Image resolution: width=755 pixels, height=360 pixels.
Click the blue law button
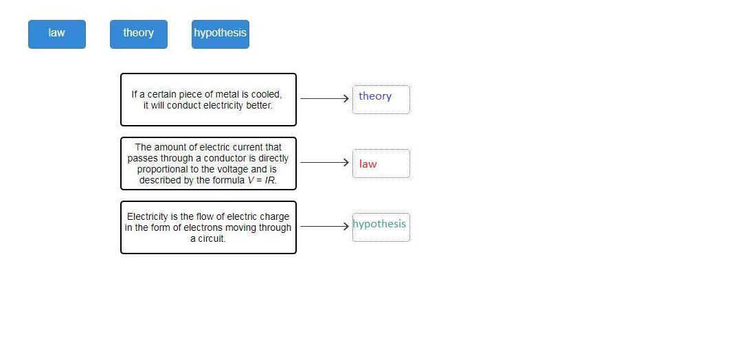click(57, 34)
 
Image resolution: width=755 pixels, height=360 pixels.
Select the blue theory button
click(138, 34)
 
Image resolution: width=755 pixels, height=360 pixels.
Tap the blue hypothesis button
click(220, 34)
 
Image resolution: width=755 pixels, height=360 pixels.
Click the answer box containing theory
click(381, 99)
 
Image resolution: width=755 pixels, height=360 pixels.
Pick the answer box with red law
click(381, 164)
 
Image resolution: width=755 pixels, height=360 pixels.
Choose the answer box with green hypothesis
click(381, 227)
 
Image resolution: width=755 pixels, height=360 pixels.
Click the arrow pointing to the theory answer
click(324, 98)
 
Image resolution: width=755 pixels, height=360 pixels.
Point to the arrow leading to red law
click(324, 162)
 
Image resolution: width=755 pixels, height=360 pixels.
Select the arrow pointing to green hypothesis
click(324, 226)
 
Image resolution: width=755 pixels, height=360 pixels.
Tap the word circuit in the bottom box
click(211, 238)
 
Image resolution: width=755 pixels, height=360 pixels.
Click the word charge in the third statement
click(274, 216)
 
